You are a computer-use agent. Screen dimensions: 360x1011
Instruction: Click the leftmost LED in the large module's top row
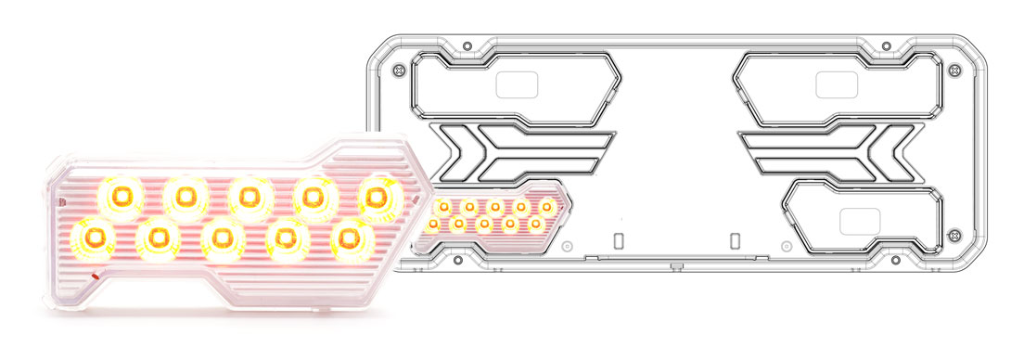click(120, 197)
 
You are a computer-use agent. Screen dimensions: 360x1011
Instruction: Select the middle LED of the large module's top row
click(248, 197)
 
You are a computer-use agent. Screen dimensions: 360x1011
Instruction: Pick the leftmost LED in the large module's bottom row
click(94, 238)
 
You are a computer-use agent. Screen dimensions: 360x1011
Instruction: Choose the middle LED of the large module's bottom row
click(221, 238)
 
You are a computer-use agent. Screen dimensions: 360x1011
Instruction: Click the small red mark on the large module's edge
click(97, 275)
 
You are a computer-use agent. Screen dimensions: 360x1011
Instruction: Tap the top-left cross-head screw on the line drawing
click(400, 71)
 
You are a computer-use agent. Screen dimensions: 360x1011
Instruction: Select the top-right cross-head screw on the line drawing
click(953, 71)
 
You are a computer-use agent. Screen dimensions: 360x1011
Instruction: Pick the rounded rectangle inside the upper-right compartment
click(836, 84)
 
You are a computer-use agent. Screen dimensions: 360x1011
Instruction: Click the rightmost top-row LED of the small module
click(547, 206)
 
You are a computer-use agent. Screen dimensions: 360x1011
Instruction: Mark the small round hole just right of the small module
click(566, 247)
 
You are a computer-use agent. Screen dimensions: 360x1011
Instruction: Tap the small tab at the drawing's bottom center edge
click(676, 267)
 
